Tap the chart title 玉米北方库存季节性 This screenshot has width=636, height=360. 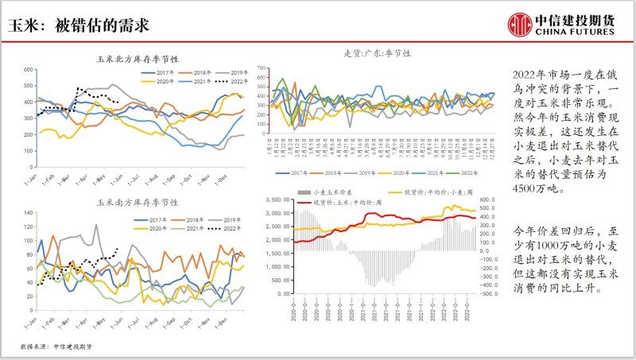point(138,60)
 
